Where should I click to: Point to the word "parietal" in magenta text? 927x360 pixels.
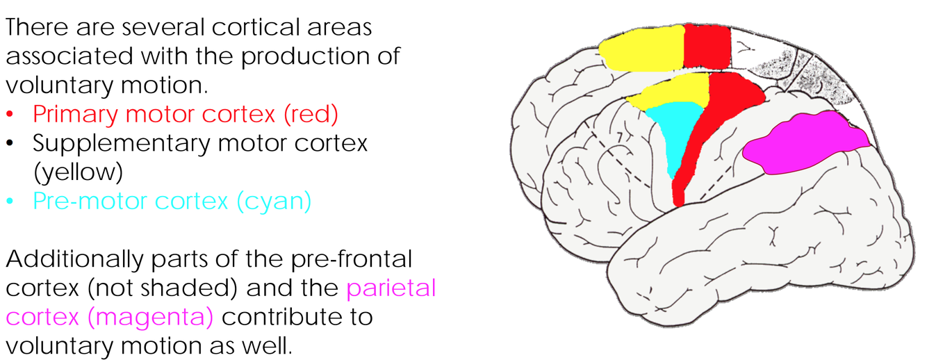[x=392, y=288]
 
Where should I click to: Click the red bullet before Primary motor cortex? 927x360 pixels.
[x=10, y=114]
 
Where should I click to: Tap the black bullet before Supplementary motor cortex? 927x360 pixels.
[x=10, y=143]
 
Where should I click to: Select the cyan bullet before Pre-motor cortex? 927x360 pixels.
[x=10, y=202]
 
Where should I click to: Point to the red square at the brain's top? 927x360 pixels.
[x=707, y=46]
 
